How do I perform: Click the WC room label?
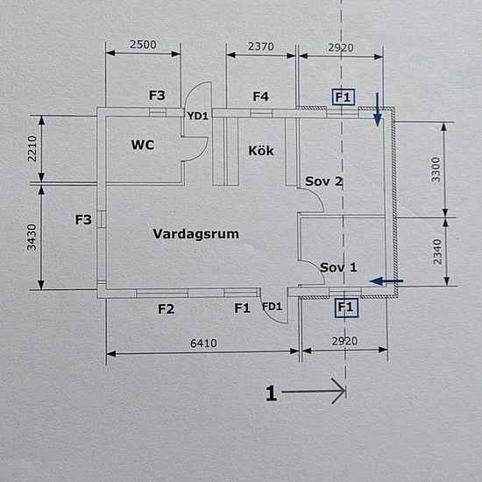point(142,145)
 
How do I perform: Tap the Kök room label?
point(261,151)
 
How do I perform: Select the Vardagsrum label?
point(195,234)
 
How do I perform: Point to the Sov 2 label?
point(323,181)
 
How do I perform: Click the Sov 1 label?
point(338,267)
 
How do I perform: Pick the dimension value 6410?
point(203,343)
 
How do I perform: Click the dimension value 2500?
point(143,45)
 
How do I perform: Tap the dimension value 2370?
point(261,46)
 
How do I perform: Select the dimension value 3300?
point(436,170)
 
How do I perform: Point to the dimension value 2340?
point(437,252)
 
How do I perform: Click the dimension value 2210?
point(32,149)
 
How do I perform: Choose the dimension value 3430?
point(32,237)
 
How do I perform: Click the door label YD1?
point(198,116)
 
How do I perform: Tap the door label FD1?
point(272,307)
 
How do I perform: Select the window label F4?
point(260,96)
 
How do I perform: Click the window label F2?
point(166,309)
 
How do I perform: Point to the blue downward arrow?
point(377,110)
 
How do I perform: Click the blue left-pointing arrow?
point(386,280)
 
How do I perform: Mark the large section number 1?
point(271,393)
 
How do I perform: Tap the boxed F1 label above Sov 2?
point(343,97)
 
